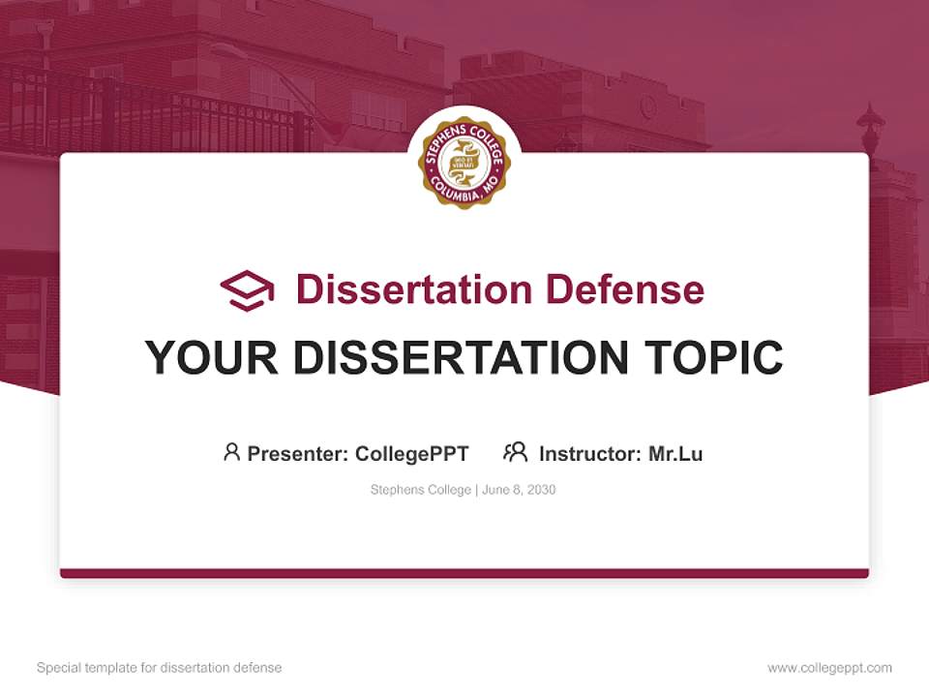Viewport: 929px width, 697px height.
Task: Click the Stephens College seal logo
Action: tap(464, 163)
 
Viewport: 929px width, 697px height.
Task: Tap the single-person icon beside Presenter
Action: tap(231, 452)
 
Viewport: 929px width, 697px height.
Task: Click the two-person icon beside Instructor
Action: tap(515, 452)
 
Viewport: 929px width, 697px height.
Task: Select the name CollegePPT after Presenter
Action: tap(412, 453)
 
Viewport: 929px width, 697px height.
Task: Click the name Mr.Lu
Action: tap(675, 453)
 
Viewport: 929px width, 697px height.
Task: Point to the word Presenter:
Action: tap(298, 453)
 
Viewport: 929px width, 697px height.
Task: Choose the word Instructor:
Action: tap(590, 453)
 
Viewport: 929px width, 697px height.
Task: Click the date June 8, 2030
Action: tap(519, 490)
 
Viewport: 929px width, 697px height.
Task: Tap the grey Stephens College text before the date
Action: tap(420, 490)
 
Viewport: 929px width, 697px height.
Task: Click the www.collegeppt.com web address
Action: tap(829, 668)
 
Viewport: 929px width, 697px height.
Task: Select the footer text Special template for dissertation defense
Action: tap(159, 668)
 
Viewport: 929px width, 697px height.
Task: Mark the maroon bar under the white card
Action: tap(464, 573)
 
